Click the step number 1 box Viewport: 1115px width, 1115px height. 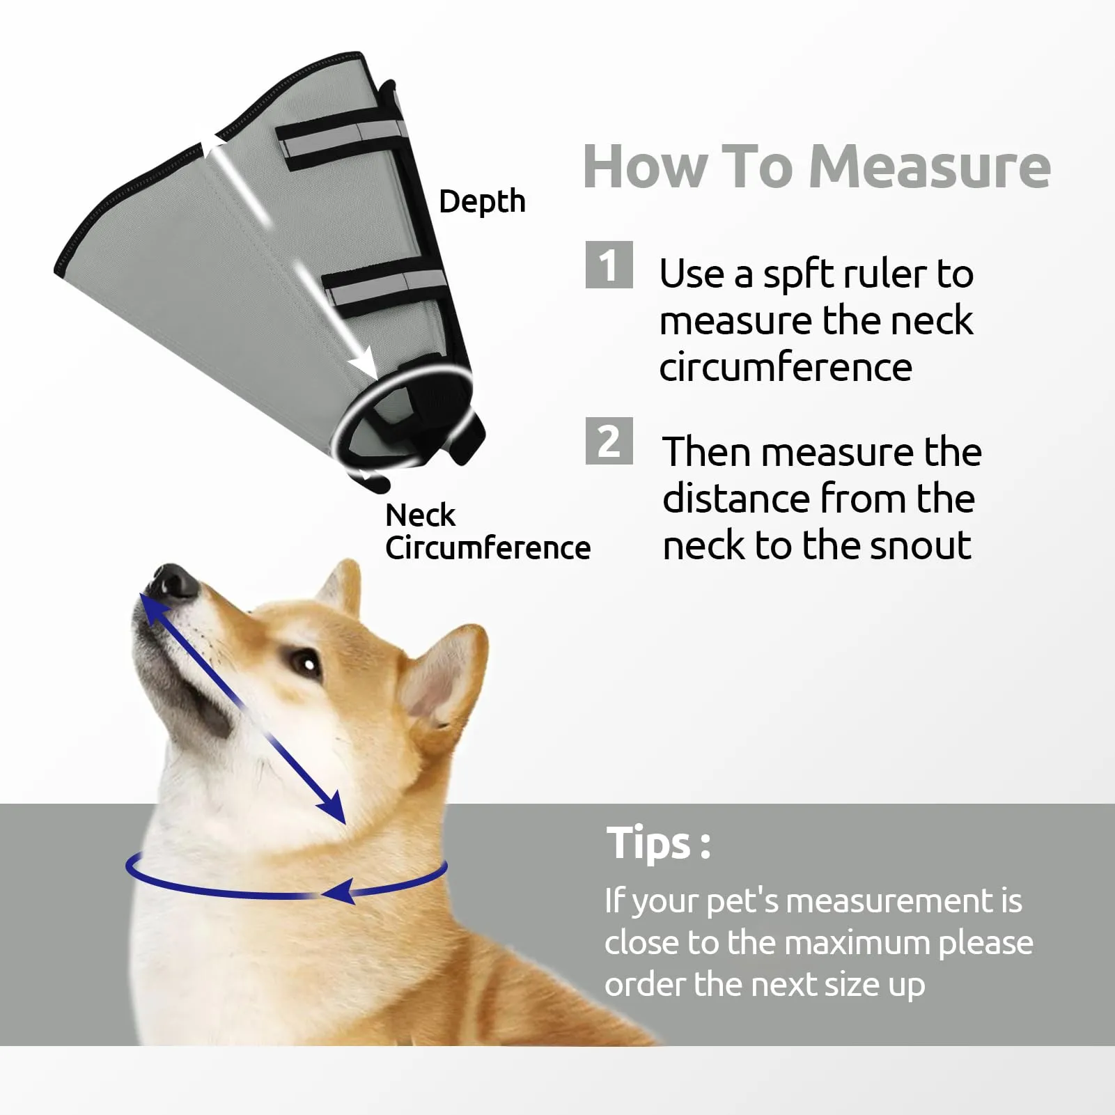pyautogui.click(x=609, y=265)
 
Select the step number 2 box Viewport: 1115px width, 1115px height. pyautogui.click(x=609, y=441)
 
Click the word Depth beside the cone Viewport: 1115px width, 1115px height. pyautogui.click(x=482, y=202)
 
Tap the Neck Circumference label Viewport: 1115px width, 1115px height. pyautogui.click(x=488, y=531)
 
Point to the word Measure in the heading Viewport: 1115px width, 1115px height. pyautogui.click(x=930, y=167)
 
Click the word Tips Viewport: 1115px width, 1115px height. pyautogui.click(x=648, y=843)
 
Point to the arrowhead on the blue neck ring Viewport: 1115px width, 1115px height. pyautogui.click(x=340, y=891)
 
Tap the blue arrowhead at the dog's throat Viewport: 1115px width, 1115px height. pyautogui.click(x=332, y=809)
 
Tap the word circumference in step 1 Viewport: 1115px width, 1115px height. pyautogui.click(x=786, y=367)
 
